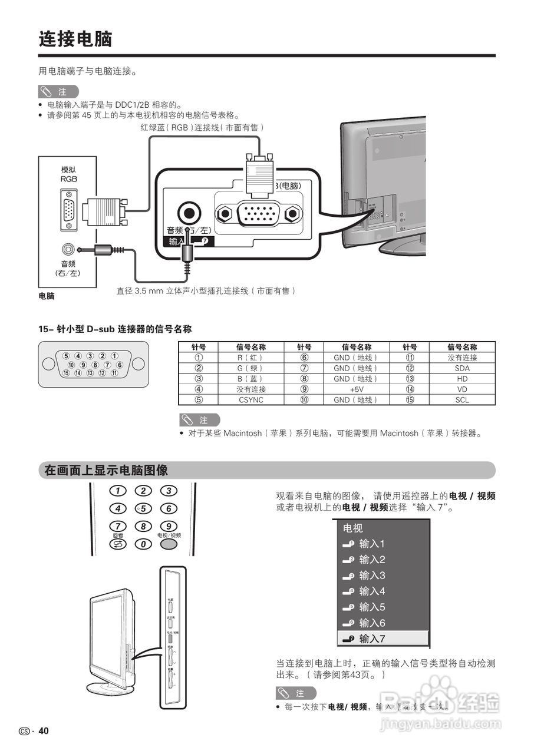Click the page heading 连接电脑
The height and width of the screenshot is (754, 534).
[75, 39]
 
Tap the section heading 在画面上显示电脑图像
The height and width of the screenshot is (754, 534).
[106, 471]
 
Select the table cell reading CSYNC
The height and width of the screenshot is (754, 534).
[250, 400]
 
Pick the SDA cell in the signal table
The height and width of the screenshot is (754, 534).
[462, 368]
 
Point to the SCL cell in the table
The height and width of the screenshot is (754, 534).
[462, 400]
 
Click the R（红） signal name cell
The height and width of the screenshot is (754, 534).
[250, 358]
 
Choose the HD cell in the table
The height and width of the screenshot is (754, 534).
[462, 379]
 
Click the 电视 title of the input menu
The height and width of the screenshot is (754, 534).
[353, 528]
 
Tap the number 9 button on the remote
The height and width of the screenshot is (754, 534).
[169, 527]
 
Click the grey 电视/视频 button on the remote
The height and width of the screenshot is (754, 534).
[169, 544]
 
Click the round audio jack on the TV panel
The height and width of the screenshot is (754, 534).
[189, 212]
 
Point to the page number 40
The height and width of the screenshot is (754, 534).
[44, 731]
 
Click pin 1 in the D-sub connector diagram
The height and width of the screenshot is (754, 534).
[114, 356]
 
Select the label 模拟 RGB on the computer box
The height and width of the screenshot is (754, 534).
[68, 174]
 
